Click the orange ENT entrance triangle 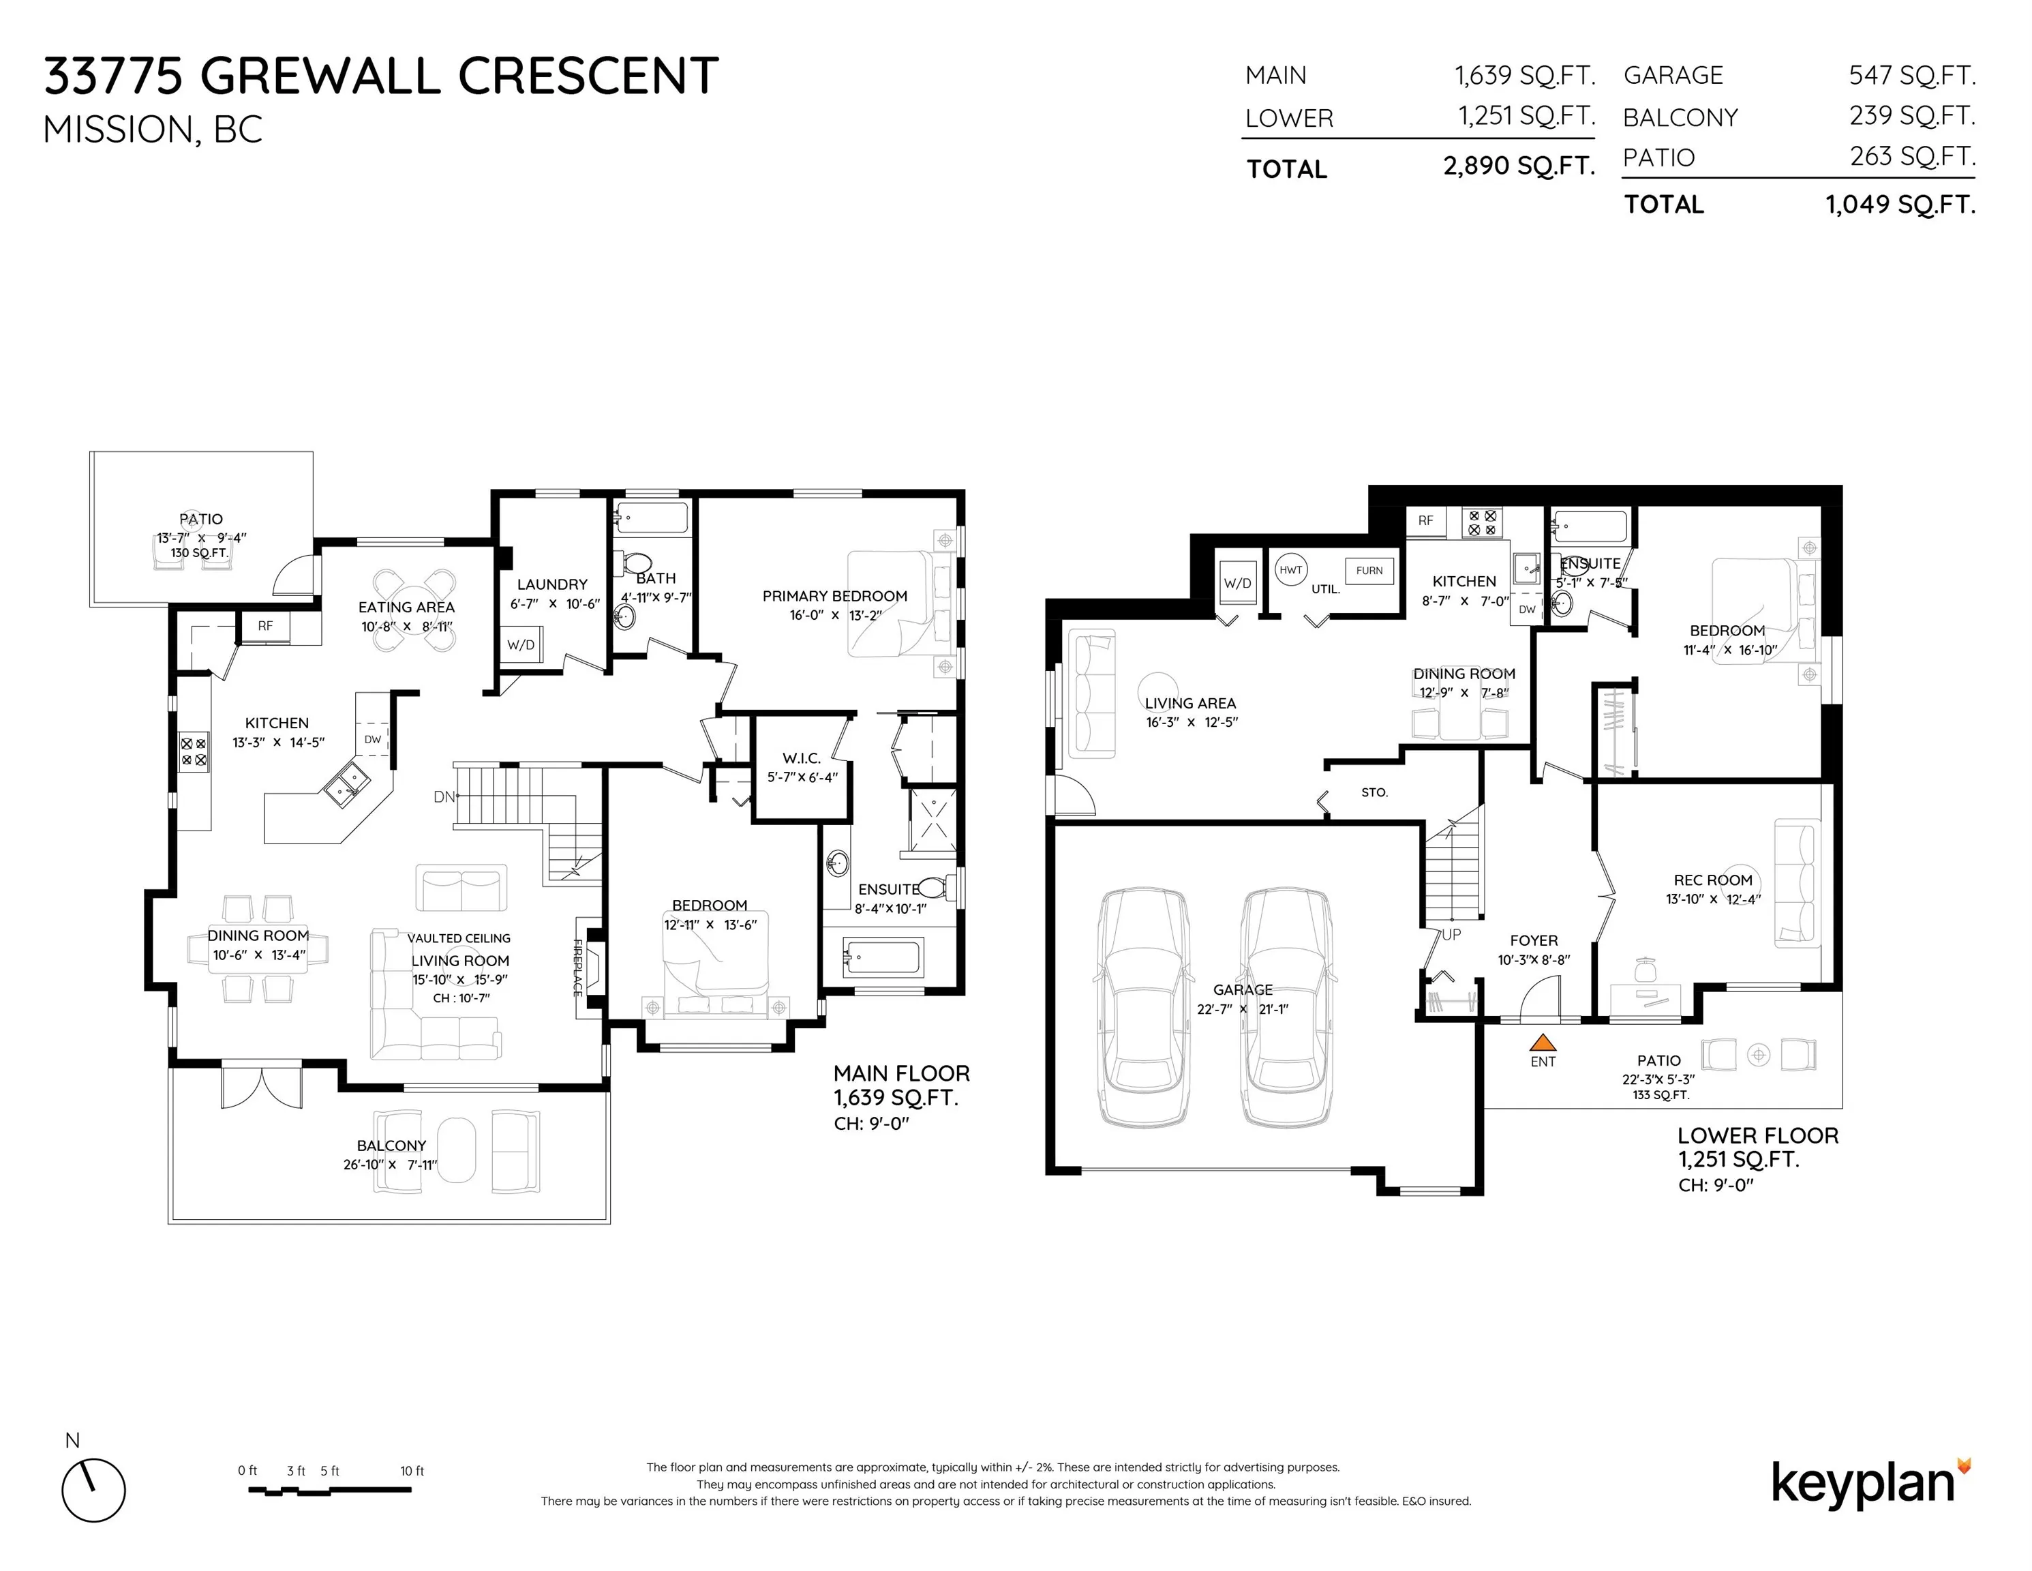pos(1543,1043)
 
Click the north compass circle pos(94,1490)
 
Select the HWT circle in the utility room pos(1290,569)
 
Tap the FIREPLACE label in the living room pos(578,968)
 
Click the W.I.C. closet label pos(801,758)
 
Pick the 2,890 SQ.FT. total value pos(1519,166)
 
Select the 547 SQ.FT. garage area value pos(1912,74)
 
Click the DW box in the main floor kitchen pos(372,739)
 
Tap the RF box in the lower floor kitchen pos(1425,521)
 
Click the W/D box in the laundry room pos(521,644)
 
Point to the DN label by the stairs pos(444,796)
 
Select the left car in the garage pos(1143,1007)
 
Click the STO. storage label pos(1374,792)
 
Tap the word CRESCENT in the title pos(588,76)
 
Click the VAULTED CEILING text pos(459,938)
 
